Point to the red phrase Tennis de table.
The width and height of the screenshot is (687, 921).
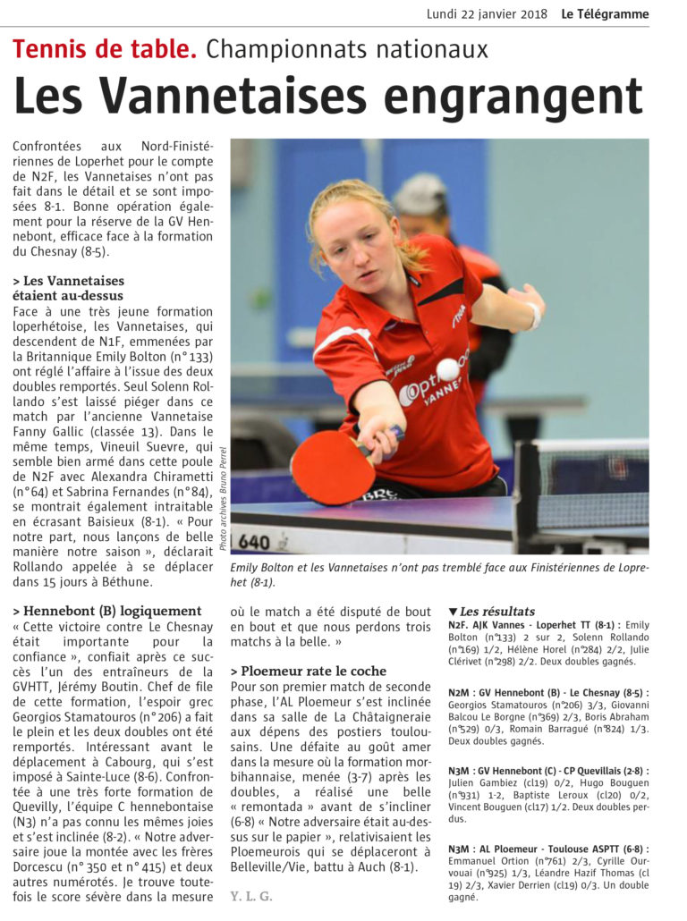click(105, 50)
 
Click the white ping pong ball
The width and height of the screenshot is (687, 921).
click(447, 369)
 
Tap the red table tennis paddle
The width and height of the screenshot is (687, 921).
click(332, 467)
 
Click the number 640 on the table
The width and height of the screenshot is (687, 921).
click(254, 542)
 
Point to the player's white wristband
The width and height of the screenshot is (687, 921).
click(535, 316)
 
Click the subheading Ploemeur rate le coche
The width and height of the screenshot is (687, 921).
click(309, 672)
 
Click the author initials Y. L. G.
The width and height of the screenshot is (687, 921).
click(251, 895)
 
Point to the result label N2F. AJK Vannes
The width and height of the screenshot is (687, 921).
click(497, 625)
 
